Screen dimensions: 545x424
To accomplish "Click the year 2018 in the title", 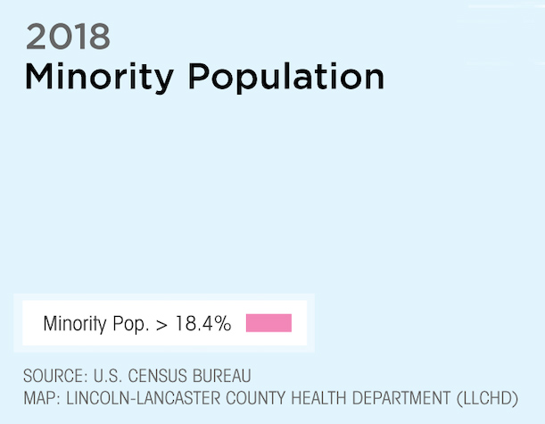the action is pos(68,37).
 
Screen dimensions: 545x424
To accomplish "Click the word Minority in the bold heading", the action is pos(99,78).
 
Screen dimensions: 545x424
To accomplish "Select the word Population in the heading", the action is pos(286,78).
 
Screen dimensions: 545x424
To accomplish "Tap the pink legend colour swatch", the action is pos(268,323).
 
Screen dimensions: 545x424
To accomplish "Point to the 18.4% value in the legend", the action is pos(203,323).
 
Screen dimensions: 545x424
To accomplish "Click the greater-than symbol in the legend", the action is pos(161,325).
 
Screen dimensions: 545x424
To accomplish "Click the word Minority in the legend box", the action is pos(75,324).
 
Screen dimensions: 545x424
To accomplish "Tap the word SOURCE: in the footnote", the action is pos(55,376).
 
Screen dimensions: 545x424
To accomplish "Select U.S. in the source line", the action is pos(108,376).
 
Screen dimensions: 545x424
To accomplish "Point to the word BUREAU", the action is pos(222,376).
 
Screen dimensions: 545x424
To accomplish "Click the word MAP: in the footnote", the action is pos(42,398).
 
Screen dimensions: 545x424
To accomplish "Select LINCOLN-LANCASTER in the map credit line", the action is pos(144,398).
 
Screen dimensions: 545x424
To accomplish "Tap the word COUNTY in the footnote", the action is pos(255,398).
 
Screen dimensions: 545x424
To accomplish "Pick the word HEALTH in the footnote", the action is pos(318,398).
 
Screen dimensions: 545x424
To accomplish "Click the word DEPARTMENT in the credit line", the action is pos(401,398).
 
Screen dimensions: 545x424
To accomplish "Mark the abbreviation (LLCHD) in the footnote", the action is pos(487,399).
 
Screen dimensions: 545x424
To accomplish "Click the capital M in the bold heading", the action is pos(39,77).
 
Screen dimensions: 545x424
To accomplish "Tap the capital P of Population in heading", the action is pos(199,77).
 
